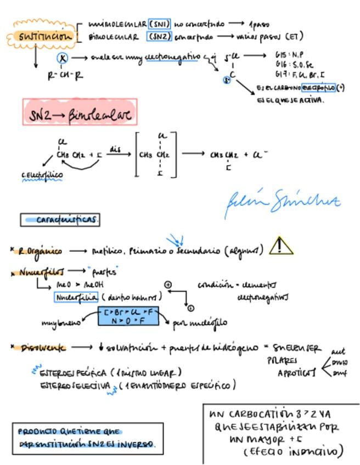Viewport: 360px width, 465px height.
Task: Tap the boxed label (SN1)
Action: (160, 25)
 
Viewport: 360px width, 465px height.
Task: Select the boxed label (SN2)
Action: (160, 37)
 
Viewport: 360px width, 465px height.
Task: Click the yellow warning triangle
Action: (281, 246)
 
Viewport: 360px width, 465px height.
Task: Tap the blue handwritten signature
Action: (282, 202)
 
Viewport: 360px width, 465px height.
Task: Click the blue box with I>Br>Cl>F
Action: (128, 316)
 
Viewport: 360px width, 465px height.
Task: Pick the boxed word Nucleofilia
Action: (76, 297)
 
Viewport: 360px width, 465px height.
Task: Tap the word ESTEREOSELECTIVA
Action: (76, 385)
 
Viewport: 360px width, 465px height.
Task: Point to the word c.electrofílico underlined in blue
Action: (42, 175)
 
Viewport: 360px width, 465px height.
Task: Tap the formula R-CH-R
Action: (65, 76)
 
